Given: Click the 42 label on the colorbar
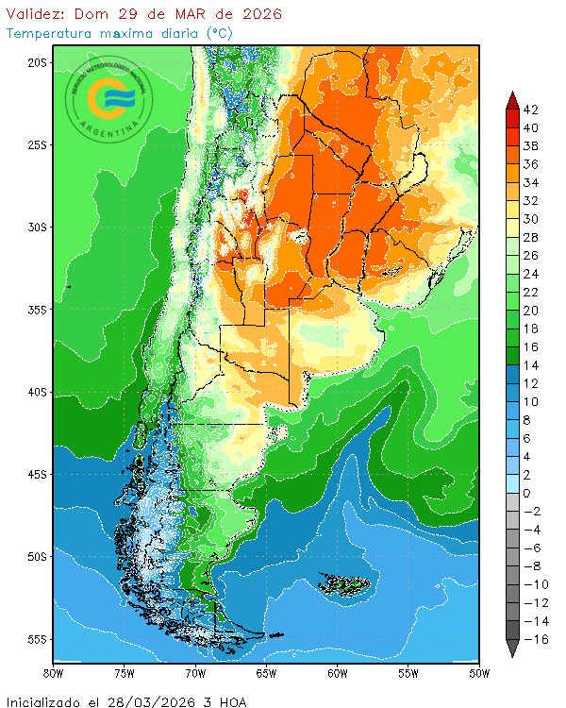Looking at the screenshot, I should pos(530,110).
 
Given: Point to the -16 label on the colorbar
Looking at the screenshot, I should pos(533,639).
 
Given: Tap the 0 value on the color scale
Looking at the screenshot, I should pos(526,493).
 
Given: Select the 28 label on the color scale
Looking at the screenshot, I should pos(530,237).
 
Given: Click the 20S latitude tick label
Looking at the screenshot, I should pos(37,62).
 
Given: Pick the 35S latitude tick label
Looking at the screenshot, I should pos(37,310).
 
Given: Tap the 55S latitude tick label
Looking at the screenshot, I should pos(37,639).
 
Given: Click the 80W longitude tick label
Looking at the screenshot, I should pos(54,674).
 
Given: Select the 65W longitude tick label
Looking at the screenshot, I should pos(266,674).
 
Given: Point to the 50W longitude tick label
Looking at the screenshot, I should pos(478,674).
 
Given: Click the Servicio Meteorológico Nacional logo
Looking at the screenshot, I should pos(107,98).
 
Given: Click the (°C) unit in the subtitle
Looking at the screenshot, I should pos(219,33).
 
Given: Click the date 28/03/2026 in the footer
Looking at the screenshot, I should pos(160,701).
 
